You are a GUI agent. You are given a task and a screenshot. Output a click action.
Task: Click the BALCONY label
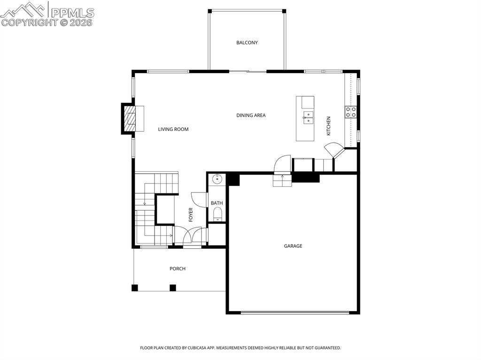(247, 43)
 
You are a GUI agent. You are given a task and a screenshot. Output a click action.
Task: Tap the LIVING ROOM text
(173, 130)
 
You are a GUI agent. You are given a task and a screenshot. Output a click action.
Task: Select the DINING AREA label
(251, 115)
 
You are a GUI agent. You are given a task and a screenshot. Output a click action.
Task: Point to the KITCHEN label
(328, 126)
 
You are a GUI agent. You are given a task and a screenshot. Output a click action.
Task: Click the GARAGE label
(293, 246)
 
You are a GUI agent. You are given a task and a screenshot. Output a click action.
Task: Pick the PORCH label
(178, 268)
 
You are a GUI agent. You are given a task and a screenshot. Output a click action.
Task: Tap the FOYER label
(191, 214)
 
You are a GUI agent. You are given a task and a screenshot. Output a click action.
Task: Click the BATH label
(217, 203)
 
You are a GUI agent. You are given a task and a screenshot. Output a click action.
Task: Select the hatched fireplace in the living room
(129, 119)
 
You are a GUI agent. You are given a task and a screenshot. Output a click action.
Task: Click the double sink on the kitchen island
(308, 118)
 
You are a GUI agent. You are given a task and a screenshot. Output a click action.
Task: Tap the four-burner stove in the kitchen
(351, 112)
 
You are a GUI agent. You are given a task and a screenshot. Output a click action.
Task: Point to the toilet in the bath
(217, 214)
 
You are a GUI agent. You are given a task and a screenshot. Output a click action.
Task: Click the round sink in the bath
(217, 178)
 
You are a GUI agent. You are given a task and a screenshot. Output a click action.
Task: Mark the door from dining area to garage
(282, 164)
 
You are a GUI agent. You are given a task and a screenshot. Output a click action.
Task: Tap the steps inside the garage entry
(282, 180)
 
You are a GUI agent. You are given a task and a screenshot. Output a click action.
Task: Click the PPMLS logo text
(72, 13)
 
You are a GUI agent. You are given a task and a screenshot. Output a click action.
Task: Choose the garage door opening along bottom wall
(295, 313)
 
